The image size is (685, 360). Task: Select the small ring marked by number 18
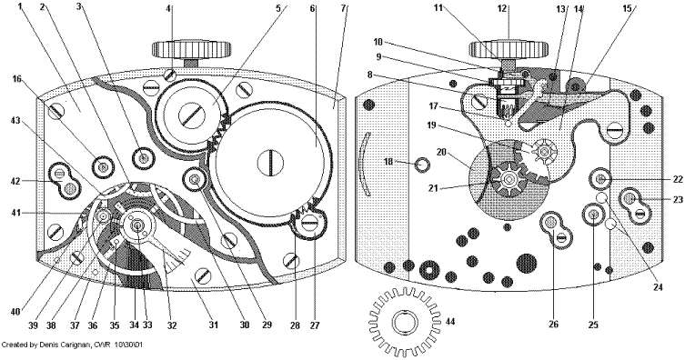click(421, 165)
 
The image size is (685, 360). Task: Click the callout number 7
click(343, 7)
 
